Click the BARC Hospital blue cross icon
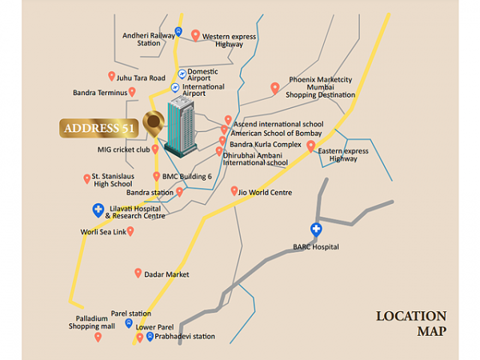(x=316, y=230)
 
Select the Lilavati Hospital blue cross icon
(x=98, y=210)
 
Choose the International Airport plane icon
(x=174, y=88)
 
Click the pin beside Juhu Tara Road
(x=111, y=76)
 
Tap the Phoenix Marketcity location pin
(x=275, y=87)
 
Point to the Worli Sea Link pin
(x=130, y=231)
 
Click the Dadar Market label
(x=166, y=274)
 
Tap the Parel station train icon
(x=130, y=323)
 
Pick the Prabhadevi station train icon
(x=150, y=336)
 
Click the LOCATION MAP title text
(x=411, y=323)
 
